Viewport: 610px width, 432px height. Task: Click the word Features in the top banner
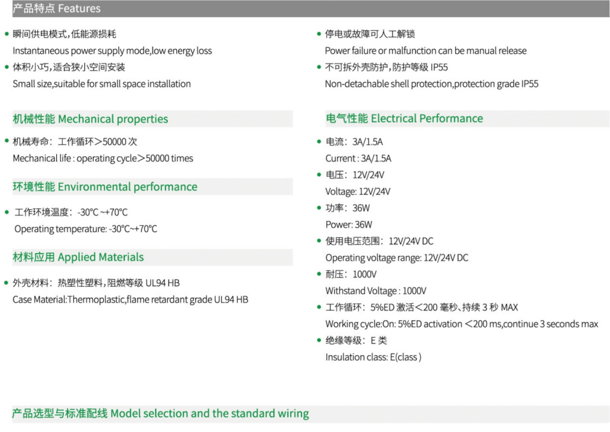pos(79,8)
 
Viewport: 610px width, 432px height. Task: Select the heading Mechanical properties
pos(113,119)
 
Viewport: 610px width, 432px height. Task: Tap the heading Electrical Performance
pos(427,119)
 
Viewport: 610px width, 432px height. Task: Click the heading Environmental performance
pos(128,187)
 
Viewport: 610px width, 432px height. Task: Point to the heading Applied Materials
pos(100,258)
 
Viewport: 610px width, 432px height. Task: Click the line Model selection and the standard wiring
pos(210,413)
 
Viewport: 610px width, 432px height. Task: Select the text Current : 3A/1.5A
pos(358,158)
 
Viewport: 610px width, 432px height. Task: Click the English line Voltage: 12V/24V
pos(358,191)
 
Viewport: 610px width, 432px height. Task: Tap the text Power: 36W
pos(349,225)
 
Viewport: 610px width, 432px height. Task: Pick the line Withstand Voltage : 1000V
pos(376,291)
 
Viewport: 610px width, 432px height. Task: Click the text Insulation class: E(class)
pos(374,358)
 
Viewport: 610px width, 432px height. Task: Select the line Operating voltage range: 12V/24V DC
pos(397,258)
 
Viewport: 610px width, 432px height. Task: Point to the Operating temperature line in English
pos(86,229)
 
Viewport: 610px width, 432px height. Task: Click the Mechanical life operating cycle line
pos(103,158)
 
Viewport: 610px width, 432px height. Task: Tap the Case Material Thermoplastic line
pos(130,300)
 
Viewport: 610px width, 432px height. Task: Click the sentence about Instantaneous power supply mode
pos(112,51)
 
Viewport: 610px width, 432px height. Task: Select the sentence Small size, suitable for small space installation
pos(102,84)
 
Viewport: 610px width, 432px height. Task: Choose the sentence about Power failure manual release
pos(426,51)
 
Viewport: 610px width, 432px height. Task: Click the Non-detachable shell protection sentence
pos(432,84)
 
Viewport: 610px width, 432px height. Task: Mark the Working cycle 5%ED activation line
pos(462,324)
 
